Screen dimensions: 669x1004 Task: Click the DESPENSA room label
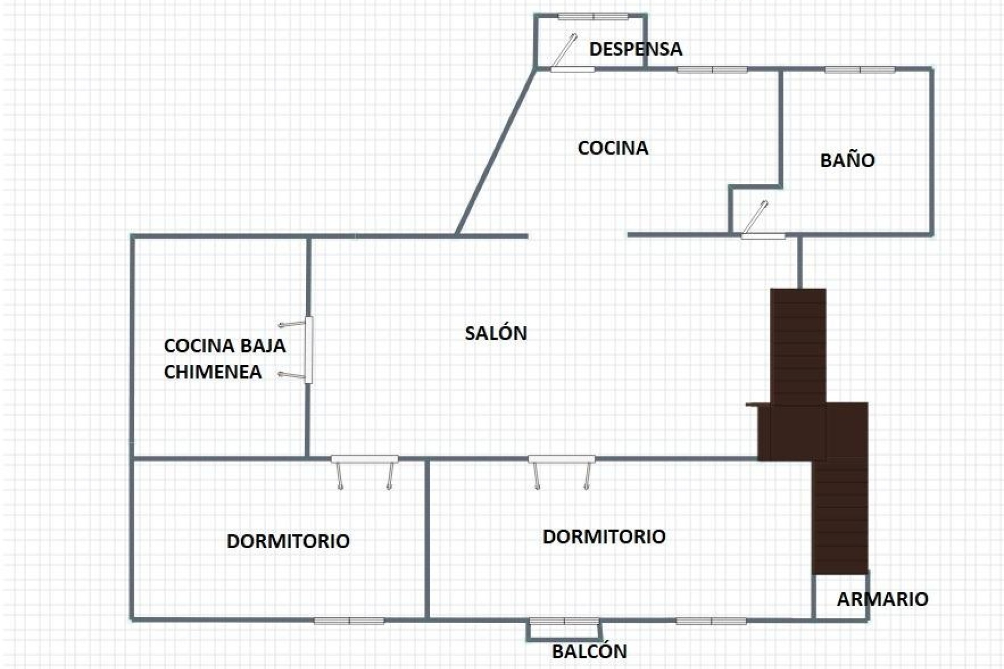(x=635, y=49)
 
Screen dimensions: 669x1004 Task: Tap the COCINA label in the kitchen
(x=613, y=148)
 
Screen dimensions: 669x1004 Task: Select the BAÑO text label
(x=847, y=160)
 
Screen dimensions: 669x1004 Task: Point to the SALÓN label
(x=496, y=333)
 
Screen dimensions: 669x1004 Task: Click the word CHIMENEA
(x=213, y=372)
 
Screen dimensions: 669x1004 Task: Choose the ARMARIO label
(x=882, y=599)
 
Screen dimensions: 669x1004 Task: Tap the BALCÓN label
(x=589, y=652)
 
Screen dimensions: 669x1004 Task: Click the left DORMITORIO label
(x=288, y=541)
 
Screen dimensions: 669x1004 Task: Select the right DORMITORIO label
(x=604, y=537)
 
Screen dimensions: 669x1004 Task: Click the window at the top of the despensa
(x=593, y=17)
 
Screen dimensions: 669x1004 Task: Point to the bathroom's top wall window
(x=860, y=70)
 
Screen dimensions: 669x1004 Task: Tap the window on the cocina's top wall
(x=712, y=70)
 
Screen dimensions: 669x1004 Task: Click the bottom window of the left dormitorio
(x=349, y=621)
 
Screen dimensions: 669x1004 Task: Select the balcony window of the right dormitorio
(x=564, y=621)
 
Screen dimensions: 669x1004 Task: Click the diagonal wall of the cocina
(x=496, y=152)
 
